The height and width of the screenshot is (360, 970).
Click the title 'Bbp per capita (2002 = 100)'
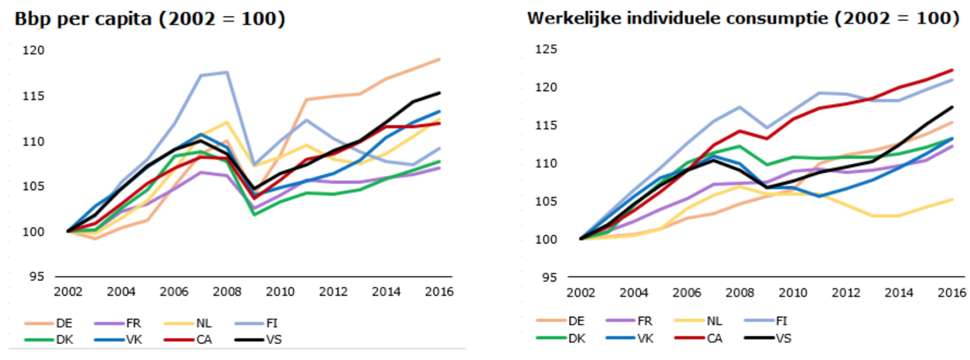150,19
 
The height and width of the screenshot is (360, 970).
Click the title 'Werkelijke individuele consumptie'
743,18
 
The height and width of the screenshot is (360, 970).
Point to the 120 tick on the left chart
34,50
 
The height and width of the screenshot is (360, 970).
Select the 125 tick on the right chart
546,49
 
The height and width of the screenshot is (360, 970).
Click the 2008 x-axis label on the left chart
227,292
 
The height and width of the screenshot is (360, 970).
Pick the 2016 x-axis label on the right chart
952,293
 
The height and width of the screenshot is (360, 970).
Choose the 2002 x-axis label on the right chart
581,293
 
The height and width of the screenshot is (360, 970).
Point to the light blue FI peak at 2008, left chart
227,72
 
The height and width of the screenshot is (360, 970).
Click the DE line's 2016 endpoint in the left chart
440,59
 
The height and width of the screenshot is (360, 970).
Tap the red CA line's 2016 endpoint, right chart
952,70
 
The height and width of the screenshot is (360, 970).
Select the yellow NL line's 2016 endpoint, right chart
952,199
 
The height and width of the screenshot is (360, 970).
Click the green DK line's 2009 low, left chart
253,215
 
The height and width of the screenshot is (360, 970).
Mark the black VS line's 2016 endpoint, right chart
952,107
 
